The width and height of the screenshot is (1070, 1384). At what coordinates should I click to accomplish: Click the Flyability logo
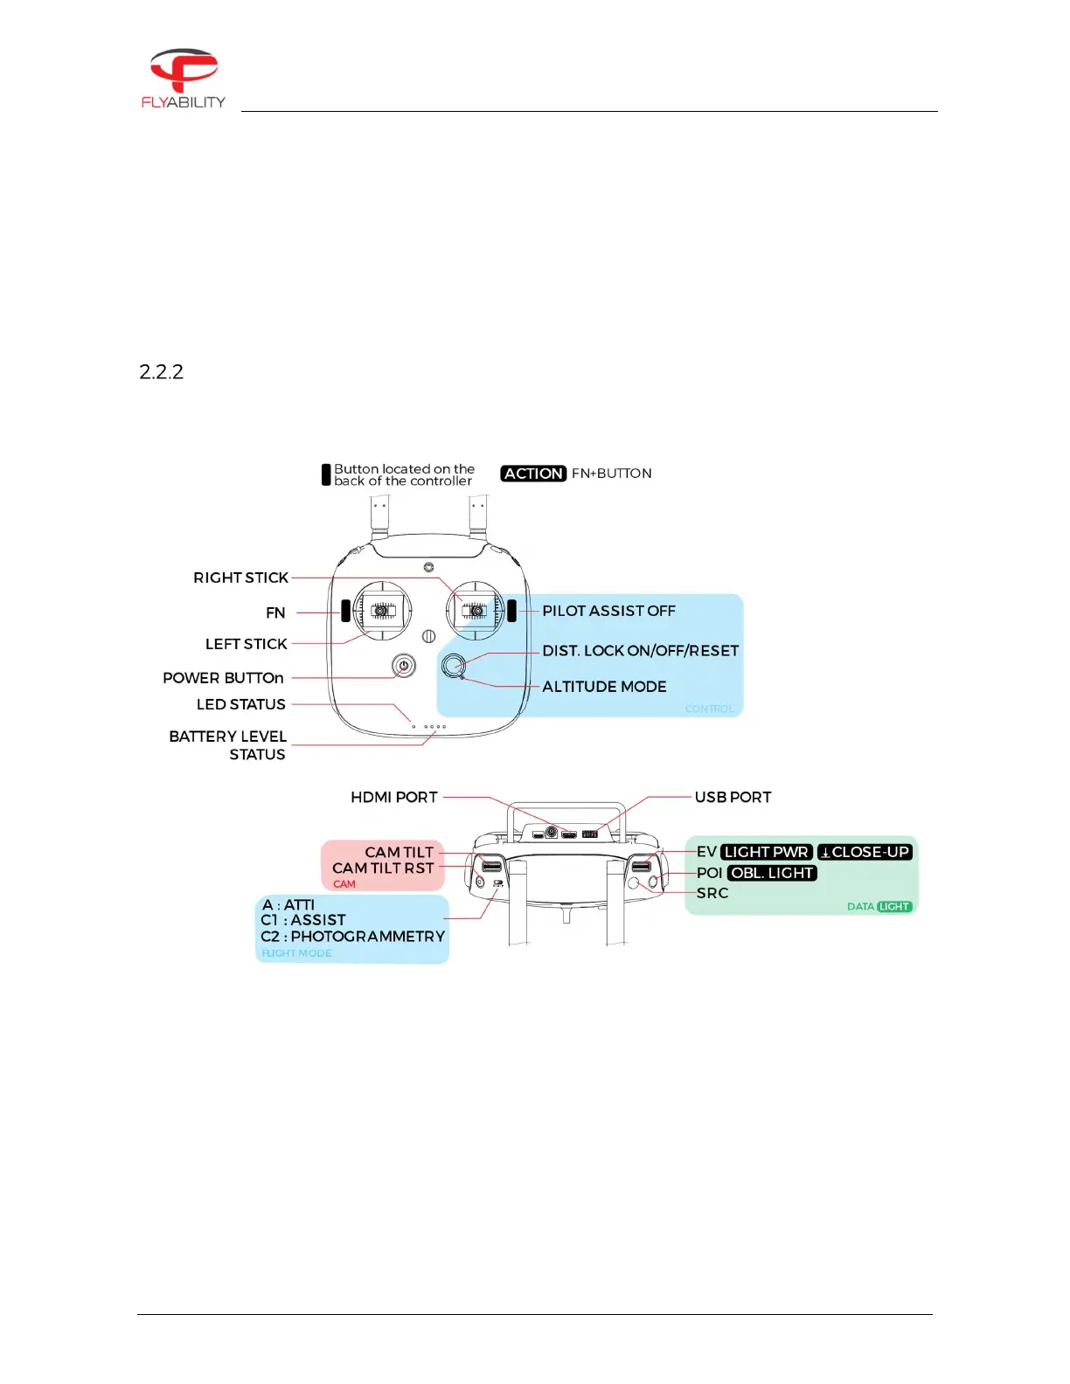click(x=183, y=78)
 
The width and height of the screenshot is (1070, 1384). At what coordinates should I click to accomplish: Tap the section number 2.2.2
click(x=161, y=371)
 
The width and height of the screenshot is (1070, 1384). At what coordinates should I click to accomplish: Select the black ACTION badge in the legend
click(x=533, y=474)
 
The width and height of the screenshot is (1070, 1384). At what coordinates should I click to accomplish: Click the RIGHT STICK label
click(x=240, y=578)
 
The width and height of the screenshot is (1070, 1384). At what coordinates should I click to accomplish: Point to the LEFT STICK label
click(x=246, y=644)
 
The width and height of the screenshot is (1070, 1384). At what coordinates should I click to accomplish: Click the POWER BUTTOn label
click(x=223, y=678)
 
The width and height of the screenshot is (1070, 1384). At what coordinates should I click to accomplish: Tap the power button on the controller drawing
click(x=403, y=666)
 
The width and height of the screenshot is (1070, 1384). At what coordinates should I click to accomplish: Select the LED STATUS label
click(x=240, y=704)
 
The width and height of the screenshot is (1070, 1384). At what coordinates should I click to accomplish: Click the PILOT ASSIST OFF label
click(x=608, y=611)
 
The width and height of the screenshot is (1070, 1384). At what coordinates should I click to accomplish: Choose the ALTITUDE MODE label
click(x=604, y=687)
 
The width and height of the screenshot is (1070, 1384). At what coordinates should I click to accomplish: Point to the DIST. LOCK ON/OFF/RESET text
click(x=640, y=651)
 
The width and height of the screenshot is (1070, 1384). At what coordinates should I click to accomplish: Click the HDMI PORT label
click(x=393, y=797)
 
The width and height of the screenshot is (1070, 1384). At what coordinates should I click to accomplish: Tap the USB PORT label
click(x=733, y=797)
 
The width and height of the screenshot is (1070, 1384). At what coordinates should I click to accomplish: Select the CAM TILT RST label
click(x=383, y=868)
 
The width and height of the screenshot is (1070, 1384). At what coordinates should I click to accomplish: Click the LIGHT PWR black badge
click(x=767, y=852)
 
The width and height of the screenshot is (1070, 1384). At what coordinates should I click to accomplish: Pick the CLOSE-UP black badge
click(x=865, y=852)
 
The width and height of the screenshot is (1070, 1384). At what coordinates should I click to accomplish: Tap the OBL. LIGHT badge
click(x=772, y=873)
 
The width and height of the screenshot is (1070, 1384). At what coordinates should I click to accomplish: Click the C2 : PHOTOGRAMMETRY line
click(x=352, y=937)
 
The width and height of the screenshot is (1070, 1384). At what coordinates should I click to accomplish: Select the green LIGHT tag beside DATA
click(x=894, y=907)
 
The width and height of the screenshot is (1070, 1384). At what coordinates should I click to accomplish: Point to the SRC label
click(x=712, y=893)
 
